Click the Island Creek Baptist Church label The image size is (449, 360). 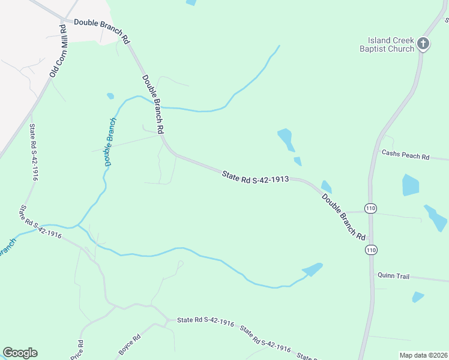tap(387, 44)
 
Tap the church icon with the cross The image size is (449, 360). tap(423, 43)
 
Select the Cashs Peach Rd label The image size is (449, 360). tap(406, 155)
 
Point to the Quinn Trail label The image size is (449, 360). tap(393, 276)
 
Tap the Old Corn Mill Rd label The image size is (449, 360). tap(57, 50)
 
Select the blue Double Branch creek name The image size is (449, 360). tap(110, 142)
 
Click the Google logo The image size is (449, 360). tap(20, 353)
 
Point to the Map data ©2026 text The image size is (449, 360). tap(423, 355)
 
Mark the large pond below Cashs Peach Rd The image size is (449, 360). tap(411, 185)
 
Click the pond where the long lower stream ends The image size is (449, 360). tap(313, 269)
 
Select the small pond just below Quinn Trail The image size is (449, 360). tap(418, 296)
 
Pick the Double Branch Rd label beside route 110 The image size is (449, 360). tap(343, 217)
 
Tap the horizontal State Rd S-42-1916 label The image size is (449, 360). tap(205, 322)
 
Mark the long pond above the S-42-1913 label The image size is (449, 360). tap(286, 139)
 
